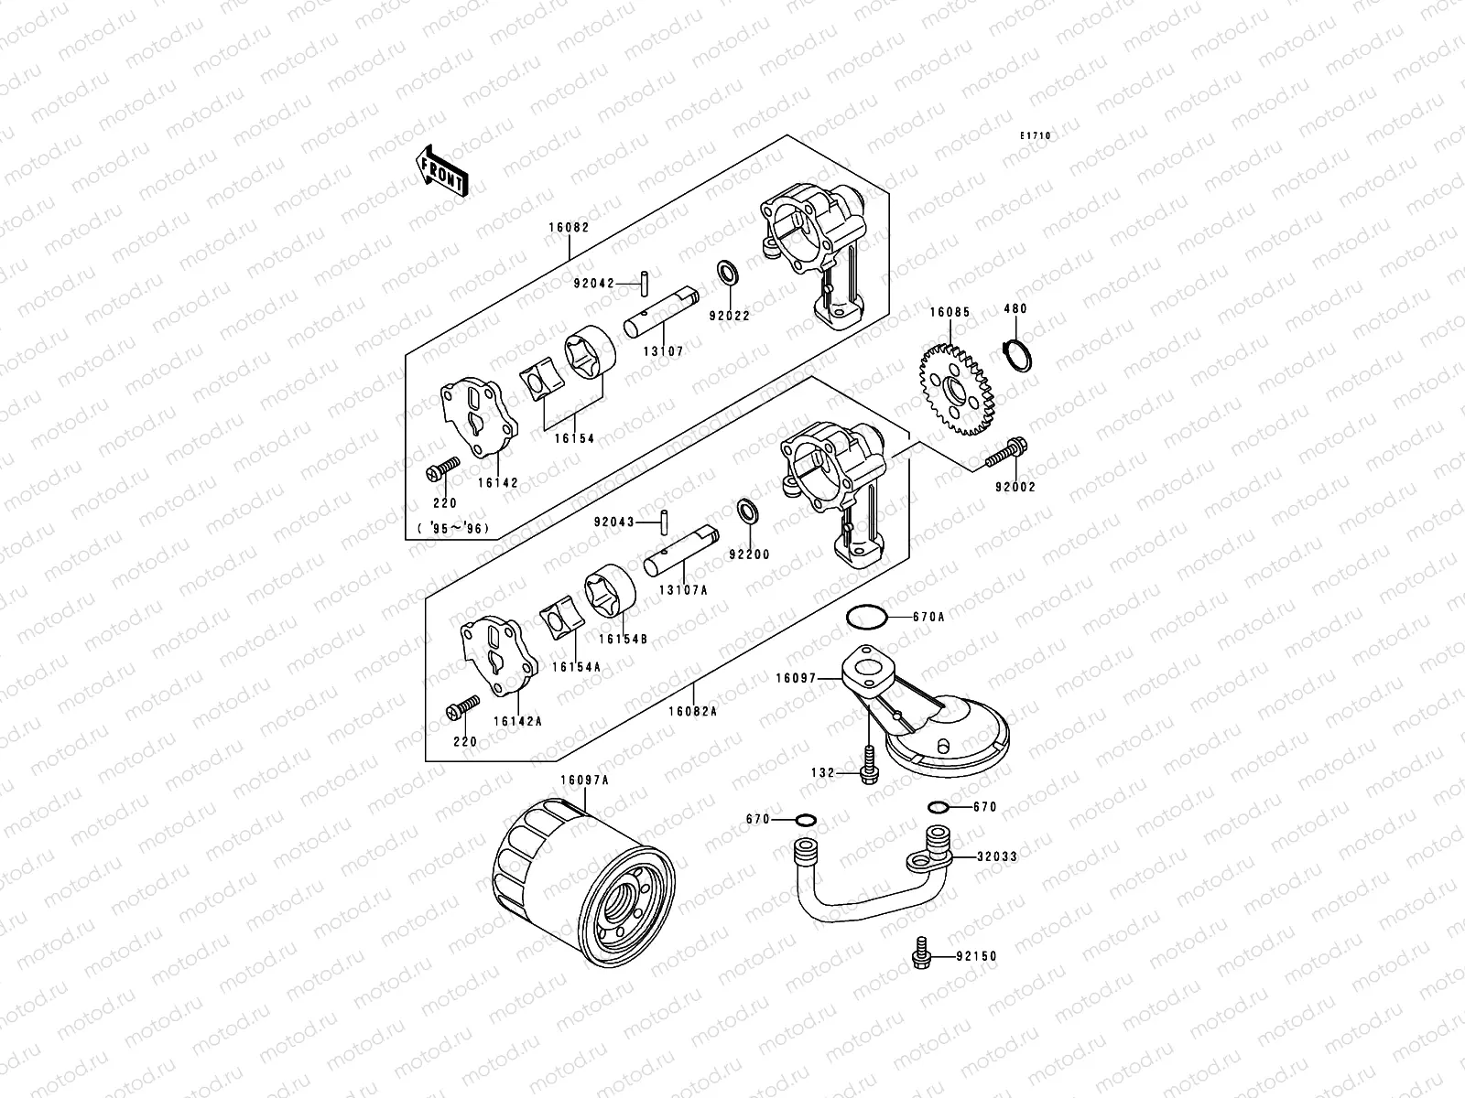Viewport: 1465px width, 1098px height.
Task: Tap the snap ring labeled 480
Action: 1016,354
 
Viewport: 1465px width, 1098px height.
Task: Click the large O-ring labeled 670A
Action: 865,617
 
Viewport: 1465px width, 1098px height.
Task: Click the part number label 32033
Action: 996,857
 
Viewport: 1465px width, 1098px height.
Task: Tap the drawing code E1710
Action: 1036,136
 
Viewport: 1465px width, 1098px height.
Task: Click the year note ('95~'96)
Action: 453,528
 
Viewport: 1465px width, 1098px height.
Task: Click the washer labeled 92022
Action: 729,273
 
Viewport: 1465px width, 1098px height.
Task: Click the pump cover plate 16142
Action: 481,418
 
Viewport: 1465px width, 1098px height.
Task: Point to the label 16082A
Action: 692,711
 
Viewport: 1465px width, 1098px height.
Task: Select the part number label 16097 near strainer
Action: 795,678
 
